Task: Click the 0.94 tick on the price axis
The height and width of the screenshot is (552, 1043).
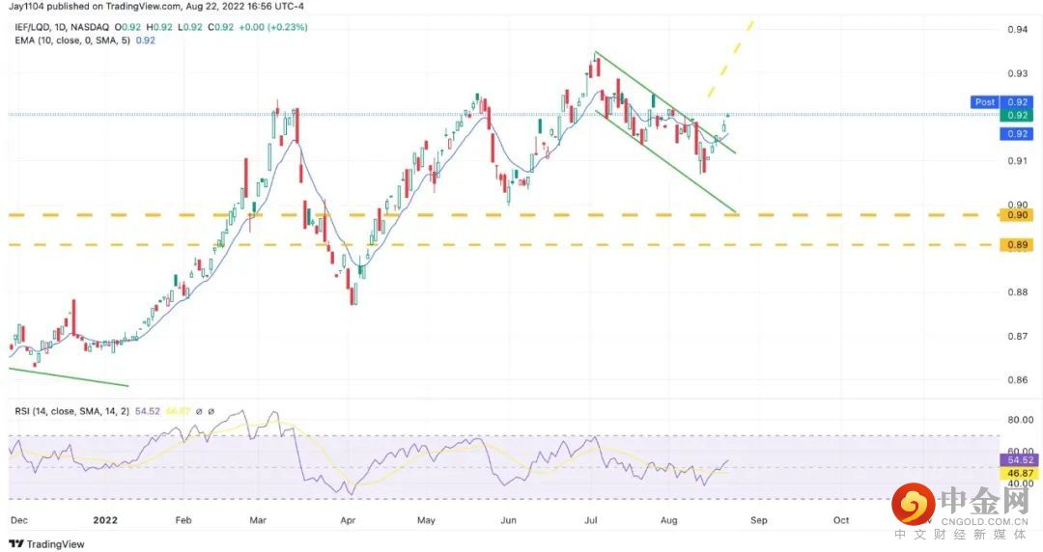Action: tap(1016, 30)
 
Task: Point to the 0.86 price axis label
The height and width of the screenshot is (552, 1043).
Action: tap(1016, 380)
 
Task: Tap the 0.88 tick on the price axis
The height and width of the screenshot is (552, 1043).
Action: tap(1016, 292)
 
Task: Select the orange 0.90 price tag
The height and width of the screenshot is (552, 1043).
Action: tap(1016, 215)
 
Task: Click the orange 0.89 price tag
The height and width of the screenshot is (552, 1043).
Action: tap(1016, 246)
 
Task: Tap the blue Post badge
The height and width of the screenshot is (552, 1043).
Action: tap(985, 101)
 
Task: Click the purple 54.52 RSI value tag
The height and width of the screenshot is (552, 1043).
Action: tap(1016, 462)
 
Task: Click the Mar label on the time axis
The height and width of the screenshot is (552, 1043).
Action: tap(258, 519)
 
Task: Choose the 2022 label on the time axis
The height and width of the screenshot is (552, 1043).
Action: tap(105, 519)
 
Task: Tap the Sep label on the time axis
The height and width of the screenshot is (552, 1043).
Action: tap(759, 519)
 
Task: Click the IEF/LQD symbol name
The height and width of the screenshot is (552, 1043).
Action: tap(32, 27)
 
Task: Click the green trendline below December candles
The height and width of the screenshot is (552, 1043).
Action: tap(68, 376)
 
